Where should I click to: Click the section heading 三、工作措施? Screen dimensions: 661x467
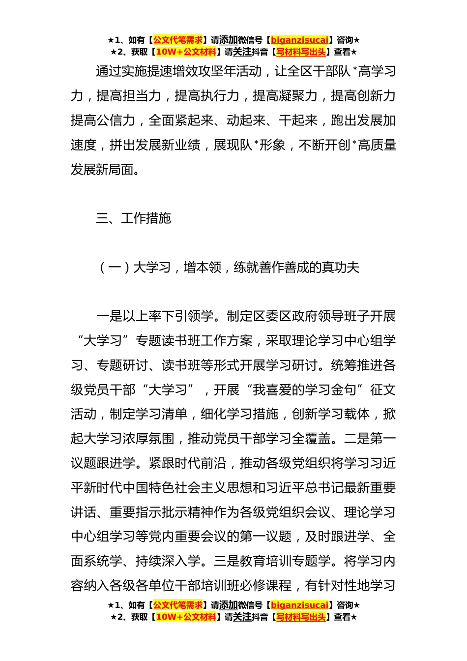point(133,218)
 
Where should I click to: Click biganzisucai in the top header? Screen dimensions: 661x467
point(299,40)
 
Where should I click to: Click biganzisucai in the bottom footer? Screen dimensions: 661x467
point(299,605)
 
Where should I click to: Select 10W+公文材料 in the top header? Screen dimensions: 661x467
point(186,52)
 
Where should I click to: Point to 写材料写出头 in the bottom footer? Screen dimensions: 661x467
point(301,617)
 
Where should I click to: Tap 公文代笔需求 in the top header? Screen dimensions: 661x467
point(178,40)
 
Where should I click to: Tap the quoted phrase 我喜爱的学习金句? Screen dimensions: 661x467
point(304,390)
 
